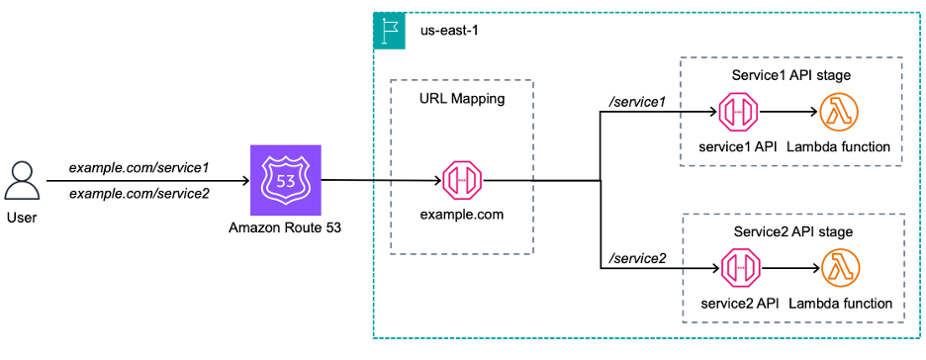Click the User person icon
tap(22, 181)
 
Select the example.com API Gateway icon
tap(461, 181)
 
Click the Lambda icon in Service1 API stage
tap(839, 115)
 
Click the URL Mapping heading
tap(461, 100)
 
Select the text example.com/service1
tap(139, 169)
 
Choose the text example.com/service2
tap(139, 193)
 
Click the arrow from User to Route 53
tap(148, 181)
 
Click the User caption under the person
tap(22, 217)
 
